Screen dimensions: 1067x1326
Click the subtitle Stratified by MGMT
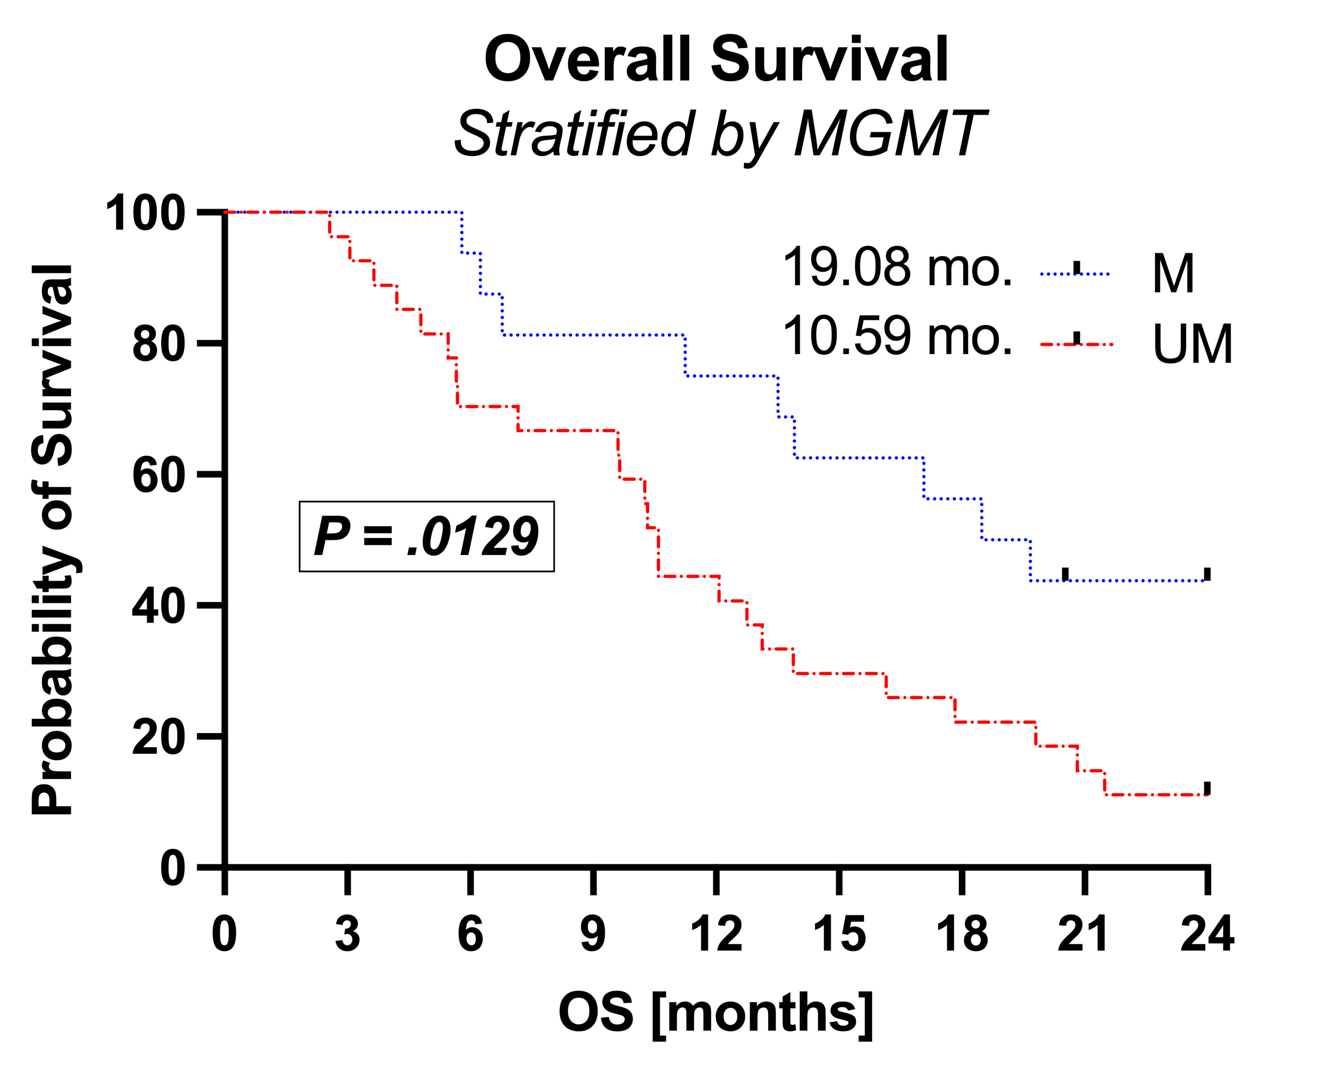(720, 135)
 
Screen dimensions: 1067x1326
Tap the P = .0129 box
(426, 536)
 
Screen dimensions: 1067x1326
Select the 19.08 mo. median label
(897, 267)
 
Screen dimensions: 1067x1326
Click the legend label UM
(1192, 344)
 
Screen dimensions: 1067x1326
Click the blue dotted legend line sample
(1074, 273)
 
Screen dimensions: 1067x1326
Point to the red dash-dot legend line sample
(1076, 343)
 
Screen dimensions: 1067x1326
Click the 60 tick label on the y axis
(158, 475)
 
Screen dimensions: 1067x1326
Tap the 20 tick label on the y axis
(158, 737)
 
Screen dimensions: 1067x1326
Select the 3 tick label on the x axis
(348, 934)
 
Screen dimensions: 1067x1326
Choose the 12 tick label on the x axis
(716, 934)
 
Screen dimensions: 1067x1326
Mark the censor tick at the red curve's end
(1207, 788)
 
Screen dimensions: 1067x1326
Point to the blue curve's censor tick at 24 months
(1207, 574)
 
